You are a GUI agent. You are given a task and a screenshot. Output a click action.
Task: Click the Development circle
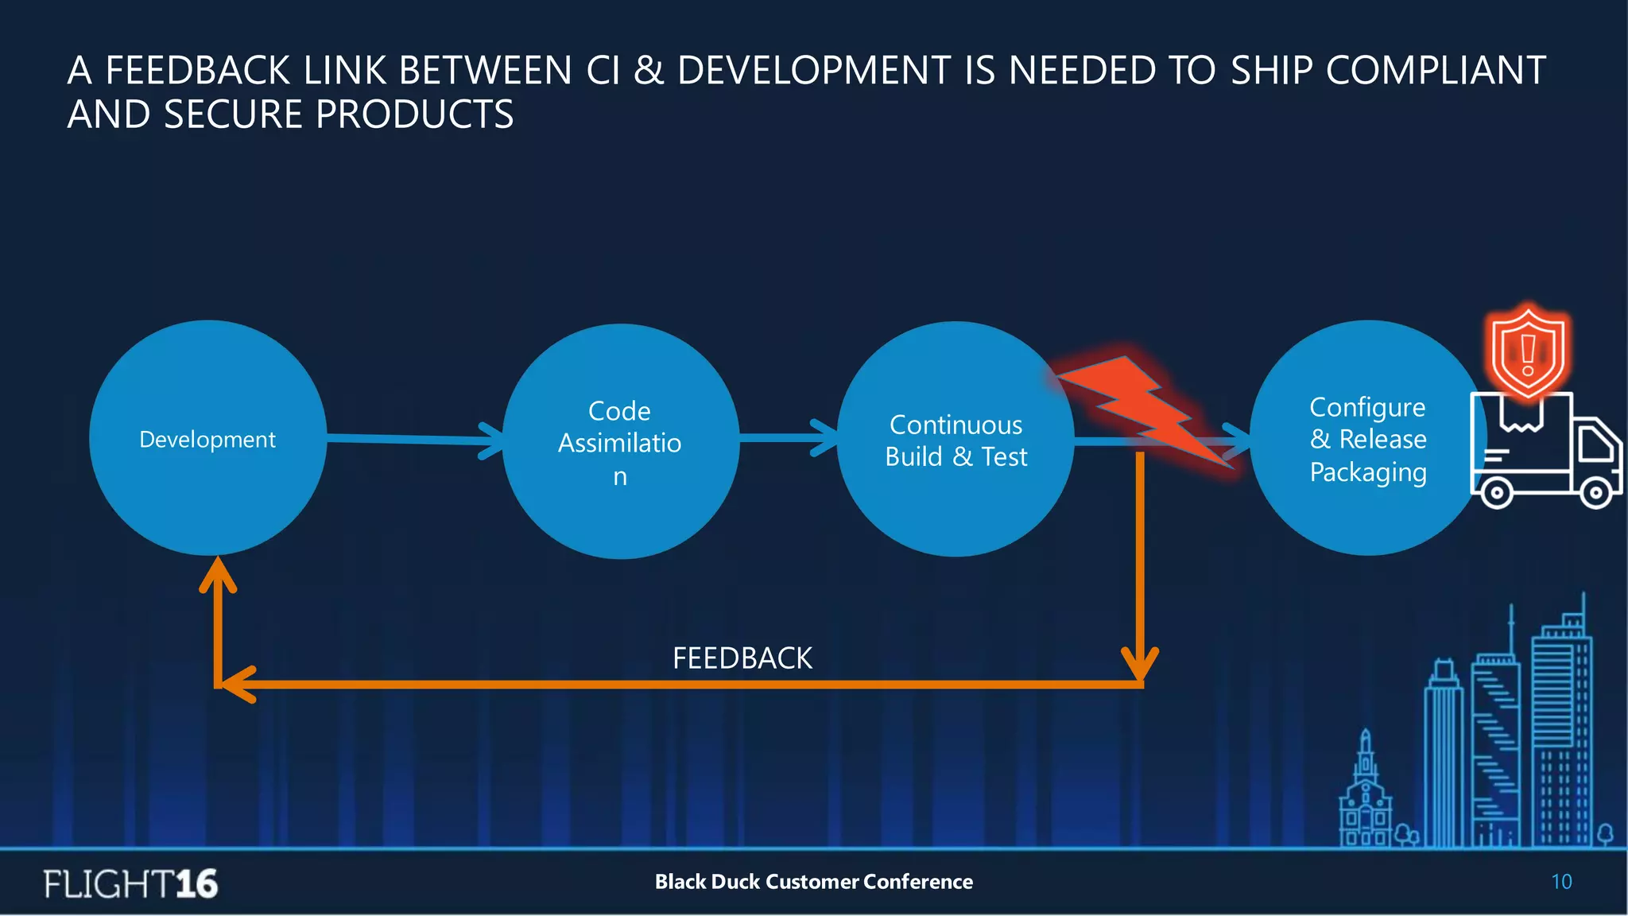[207, 439]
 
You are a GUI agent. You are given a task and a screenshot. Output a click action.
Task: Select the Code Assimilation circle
[620, 442]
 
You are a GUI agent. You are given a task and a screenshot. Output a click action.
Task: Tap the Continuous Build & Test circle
[955, 440]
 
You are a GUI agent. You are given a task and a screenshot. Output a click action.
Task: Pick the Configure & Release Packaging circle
[1367, 439]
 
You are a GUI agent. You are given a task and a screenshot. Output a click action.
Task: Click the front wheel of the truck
[1595, 493]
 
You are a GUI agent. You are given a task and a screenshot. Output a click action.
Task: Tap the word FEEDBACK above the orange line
[742, 658]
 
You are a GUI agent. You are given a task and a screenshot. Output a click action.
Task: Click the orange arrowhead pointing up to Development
[218, 574]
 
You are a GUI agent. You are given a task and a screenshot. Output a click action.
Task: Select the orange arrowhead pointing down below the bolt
[1139, 666]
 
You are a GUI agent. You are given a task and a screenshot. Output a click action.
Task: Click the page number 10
[1561, 882]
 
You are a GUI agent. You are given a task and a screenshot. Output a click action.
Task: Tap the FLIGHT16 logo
[130, 883]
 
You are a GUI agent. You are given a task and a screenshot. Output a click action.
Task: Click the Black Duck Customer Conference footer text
[813, 882]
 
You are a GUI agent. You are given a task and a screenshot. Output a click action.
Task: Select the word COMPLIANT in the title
[1436, 71]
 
